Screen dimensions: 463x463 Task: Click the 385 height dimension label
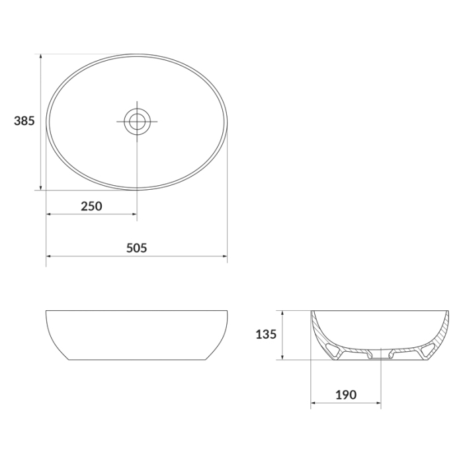24,121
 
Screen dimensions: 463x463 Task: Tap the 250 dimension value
91,206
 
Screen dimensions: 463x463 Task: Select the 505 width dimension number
136,248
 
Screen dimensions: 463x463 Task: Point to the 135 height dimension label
266,334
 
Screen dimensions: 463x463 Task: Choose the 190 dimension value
346,394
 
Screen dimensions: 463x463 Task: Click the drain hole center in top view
137,121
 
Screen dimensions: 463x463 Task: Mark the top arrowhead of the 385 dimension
41,57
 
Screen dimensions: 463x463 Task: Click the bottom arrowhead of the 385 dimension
41,187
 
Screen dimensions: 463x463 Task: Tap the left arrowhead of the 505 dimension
49,257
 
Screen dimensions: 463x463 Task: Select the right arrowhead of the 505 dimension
224,257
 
